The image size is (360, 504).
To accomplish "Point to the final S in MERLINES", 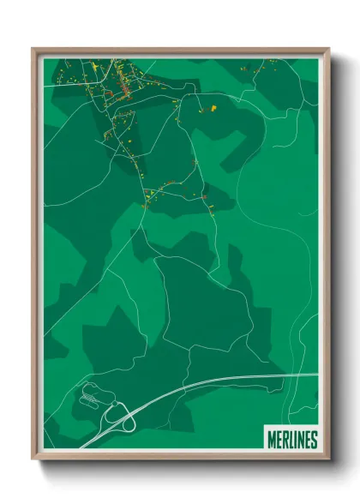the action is [314, 440].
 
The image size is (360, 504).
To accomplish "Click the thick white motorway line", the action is [214, 382].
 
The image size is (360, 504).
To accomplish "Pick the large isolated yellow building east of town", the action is [211, 108].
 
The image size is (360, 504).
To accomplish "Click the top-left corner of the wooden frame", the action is [33, 50].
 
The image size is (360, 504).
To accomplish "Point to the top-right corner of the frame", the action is [328, 50].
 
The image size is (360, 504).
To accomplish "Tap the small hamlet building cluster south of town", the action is [159, 195].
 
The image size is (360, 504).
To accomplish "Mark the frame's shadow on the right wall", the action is [336, 257].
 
